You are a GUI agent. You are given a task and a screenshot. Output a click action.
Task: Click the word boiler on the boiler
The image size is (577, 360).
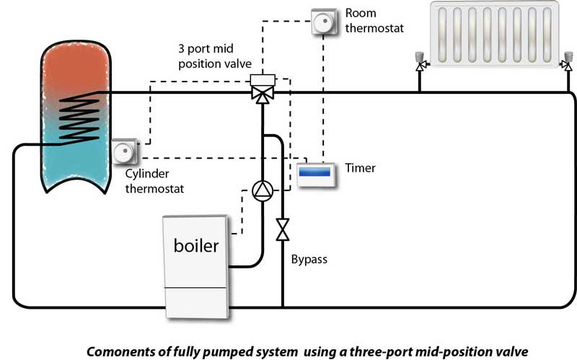tap(195, 245)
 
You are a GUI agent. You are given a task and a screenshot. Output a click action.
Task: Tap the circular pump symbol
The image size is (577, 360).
tap(261, 190)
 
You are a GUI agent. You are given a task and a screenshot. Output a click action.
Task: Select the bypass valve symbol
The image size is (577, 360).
tap(283, 229)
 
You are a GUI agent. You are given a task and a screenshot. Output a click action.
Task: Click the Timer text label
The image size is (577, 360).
tap(361, 168)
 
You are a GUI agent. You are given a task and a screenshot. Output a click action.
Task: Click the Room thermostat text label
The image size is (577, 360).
tap(376, 22)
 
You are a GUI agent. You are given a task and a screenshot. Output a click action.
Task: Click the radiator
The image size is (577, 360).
tap(494, 37)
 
